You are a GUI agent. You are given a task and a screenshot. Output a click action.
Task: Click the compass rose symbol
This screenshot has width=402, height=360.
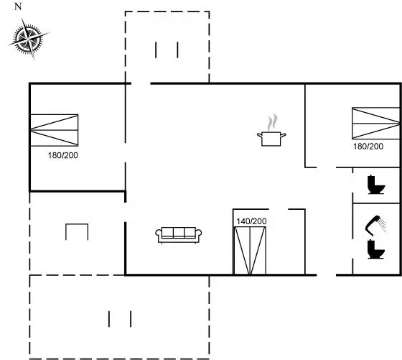pyautogui.click(x=28, y=39)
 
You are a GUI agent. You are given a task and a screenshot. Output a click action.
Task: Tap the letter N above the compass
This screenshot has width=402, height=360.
pyautogui.click(x=18, y=6)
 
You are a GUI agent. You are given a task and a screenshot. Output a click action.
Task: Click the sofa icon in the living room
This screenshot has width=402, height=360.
pyautogui.click(x=179, y=235)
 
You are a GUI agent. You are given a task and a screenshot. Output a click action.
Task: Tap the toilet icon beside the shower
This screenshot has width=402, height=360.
pyautogui.click(x=376, y=249)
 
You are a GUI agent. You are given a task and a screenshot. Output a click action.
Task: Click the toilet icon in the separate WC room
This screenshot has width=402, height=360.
pyautogui.click(x=376, y=185)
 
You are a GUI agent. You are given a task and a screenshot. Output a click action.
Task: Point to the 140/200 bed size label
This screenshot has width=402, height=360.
pyautogui.click(x=251, y=221)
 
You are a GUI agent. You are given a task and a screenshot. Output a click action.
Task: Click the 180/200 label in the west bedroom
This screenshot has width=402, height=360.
pyautogui.click(x=63, y=155)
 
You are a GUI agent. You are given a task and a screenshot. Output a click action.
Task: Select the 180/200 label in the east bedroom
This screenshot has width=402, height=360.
pyautogui.click(x=368, y=147)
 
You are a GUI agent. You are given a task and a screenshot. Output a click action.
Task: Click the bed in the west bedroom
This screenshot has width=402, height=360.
pyautogui.click(x=54, y=130)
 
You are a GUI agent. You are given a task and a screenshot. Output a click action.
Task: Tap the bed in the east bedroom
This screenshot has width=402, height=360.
pyautogui.click(x=376, y=123)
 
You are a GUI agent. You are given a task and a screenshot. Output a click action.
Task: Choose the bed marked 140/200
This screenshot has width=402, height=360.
pyautogui.click(x=250, y=251)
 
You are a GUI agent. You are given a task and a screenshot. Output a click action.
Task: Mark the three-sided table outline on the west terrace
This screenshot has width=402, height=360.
pyautogui.click(x=77, y=224)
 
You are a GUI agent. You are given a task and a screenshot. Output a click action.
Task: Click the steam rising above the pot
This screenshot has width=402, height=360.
pyautogui.click(x=272, y=122)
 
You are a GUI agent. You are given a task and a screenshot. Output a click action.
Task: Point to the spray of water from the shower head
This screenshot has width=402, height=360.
pyautogui.click(x=383, y=225)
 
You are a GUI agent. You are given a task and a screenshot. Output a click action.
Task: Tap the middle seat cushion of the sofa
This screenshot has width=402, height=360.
pyautogui.click(x=179, y=232)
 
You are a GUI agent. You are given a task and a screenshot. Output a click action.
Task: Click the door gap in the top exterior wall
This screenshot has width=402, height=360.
pyautogui.click(x=141, y=83)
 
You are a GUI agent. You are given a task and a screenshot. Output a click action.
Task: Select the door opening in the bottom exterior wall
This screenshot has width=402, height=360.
pyautogui.click(x=327, y=275)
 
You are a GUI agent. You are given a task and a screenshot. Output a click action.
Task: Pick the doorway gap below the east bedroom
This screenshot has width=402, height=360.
pyautogui.click(x=327, y=167)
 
